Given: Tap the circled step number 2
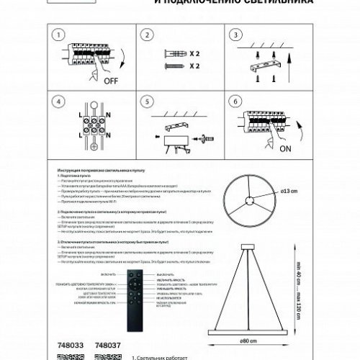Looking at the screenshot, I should pos(148,34).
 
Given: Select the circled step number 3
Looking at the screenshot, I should pos(233,34).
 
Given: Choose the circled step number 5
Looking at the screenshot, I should pos(148,102).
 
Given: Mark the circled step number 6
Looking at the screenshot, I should pos(233,102).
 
